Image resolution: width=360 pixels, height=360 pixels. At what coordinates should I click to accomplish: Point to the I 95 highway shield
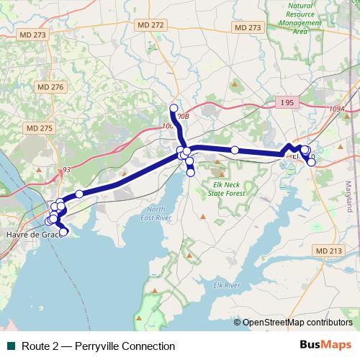287,103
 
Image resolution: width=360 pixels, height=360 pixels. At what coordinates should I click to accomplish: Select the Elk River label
226,285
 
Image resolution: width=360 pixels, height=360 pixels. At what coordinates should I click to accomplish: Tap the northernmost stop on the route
174,109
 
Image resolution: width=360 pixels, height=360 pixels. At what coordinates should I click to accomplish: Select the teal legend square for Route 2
11,346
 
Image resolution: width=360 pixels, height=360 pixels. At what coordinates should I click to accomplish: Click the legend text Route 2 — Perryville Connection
98,346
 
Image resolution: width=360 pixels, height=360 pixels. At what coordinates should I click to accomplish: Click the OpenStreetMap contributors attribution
297,323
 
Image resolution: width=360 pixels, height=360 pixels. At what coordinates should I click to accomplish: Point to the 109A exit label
338,109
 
